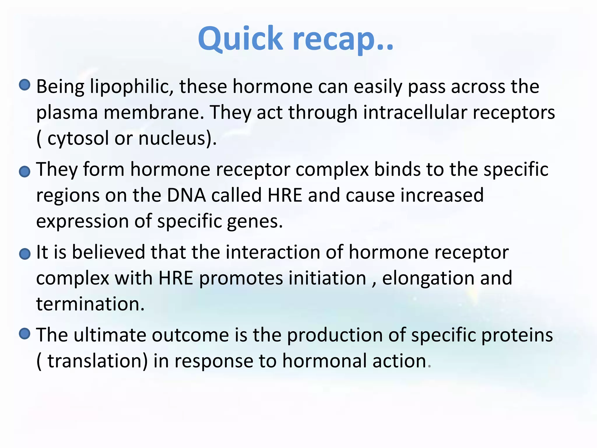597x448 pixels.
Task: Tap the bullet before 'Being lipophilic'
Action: coord(25,85)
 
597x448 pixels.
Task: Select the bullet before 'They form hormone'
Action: coord(25,171)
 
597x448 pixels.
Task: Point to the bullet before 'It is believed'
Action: coord(25,254)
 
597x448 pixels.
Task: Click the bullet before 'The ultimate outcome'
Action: coord(25,333)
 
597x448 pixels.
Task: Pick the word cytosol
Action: coord(78,138)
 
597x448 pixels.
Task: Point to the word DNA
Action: coord(186,195)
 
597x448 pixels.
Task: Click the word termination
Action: coord(90,304)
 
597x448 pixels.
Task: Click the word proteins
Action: coord(517,335)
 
